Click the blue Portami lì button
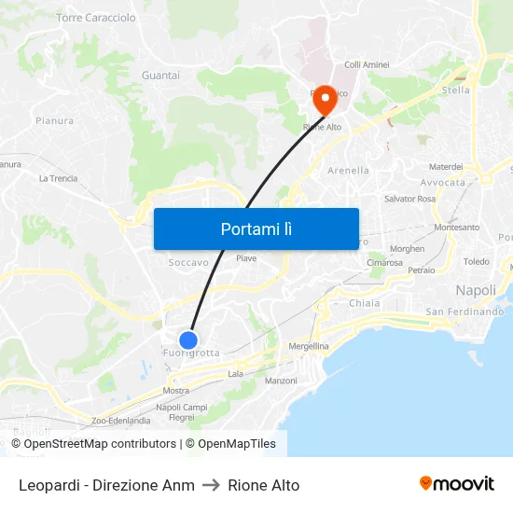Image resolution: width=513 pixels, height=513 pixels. click(256, 229)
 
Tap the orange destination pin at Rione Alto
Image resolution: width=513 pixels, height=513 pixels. click(325, 100)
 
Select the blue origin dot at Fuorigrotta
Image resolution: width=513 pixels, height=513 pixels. click(188, 340)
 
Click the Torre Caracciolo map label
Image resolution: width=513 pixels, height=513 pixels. click(96, 18)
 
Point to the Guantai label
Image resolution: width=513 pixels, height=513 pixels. click(160, 75)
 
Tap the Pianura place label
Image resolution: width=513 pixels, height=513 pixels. click(54, 120)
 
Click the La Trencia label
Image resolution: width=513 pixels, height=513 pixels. click(58, 178)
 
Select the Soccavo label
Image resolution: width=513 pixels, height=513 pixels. click(188, 263)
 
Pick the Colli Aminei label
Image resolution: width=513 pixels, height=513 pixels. click(367, 64)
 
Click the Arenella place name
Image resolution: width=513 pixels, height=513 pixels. click(349, 171)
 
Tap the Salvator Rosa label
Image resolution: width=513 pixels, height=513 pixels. click(409, 199)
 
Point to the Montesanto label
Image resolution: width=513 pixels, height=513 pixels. click(456, 228)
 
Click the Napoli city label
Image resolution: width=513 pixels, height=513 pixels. click(476, 290)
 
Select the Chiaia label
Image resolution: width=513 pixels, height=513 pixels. click(364, 303)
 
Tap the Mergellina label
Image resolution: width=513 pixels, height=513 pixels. click(309, 346)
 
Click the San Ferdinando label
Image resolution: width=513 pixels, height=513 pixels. click(464, 312)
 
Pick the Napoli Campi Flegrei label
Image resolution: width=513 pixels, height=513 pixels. click(182, 412)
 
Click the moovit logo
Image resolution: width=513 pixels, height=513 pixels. click(457, 483)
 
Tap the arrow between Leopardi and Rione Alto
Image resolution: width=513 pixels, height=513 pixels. click(211, 485)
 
